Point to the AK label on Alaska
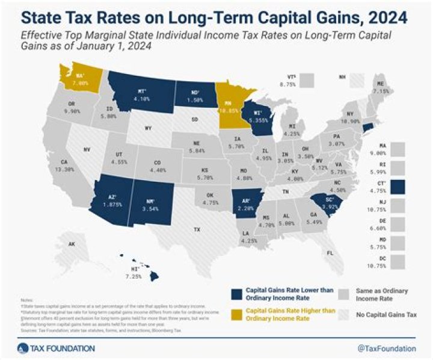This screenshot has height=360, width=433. tap(72, 244)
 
